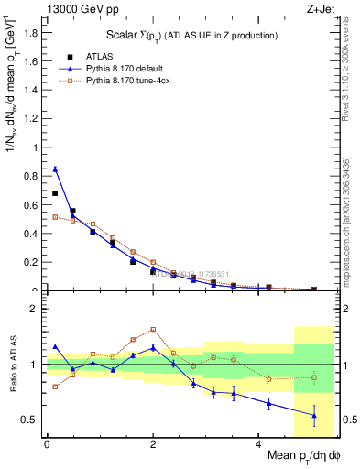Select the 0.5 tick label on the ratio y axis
tap(32, 420)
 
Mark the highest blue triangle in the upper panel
tap(55, 169)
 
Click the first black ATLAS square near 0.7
tap(55, 193)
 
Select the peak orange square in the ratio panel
tap(152, 329)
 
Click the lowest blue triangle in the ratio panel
tap(314, 416)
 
